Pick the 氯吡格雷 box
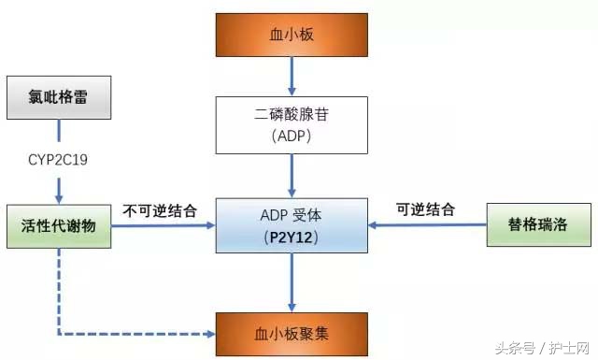(x=60, y=96)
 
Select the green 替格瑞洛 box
(x=539, y=225)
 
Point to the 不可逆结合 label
(x=160, y=210)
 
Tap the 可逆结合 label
(x=427, y=210)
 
